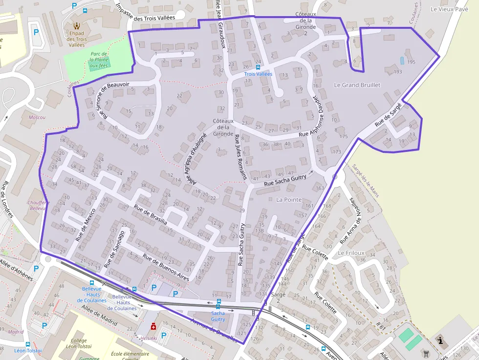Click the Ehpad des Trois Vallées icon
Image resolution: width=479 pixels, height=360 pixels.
click(x=76, y=25)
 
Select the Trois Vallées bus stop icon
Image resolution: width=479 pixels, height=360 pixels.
click(x=258, y=67)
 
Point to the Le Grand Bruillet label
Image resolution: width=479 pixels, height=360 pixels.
click(x=357, y=85)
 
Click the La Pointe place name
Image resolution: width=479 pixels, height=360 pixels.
click(x=289, y=200)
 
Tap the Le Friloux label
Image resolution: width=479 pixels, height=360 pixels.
click(x=351, y=253)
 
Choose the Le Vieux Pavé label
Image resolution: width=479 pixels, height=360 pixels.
click(x=449, y=9)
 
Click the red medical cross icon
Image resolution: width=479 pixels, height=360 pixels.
click(x=153, y=326)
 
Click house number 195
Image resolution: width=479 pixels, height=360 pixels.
click(x=411, y=62)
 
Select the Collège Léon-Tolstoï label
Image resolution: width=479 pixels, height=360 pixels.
click(x=78, y=344)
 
